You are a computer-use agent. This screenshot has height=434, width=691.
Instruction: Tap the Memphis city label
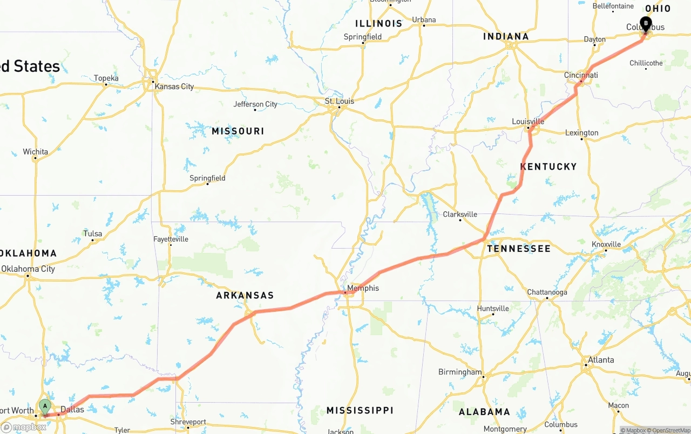(x=363, y=288)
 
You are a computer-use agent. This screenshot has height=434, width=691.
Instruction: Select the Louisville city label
(x=528, y=122)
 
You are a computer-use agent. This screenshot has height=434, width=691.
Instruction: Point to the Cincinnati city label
(x=581, y=75)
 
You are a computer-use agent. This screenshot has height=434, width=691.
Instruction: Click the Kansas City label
(x=174, y=86)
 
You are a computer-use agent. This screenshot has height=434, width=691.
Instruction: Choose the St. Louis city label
(x=340, y=101)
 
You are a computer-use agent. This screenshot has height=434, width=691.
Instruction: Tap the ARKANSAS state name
(x=245, y=295)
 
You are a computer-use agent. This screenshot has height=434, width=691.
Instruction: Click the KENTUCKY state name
(x=548, y=166)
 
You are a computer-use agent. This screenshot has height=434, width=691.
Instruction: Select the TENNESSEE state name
(x=519, y=249)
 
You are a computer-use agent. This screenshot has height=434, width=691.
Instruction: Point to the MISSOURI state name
(x=238, y=131)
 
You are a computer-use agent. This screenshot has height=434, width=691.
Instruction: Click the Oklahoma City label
(x=28, y=269)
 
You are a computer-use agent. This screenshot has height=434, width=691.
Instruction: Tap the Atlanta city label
(x=601, y=360)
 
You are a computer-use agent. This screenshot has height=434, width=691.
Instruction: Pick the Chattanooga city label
(x=547, y=292)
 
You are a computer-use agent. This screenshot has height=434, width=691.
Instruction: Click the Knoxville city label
(x=606, y=244)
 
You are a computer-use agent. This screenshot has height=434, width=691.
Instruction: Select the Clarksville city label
(x=460, y=214)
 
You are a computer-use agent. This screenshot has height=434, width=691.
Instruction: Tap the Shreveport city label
(x=188, y=422)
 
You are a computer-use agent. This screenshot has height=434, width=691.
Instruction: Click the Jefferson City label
(x=255, y=104)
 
